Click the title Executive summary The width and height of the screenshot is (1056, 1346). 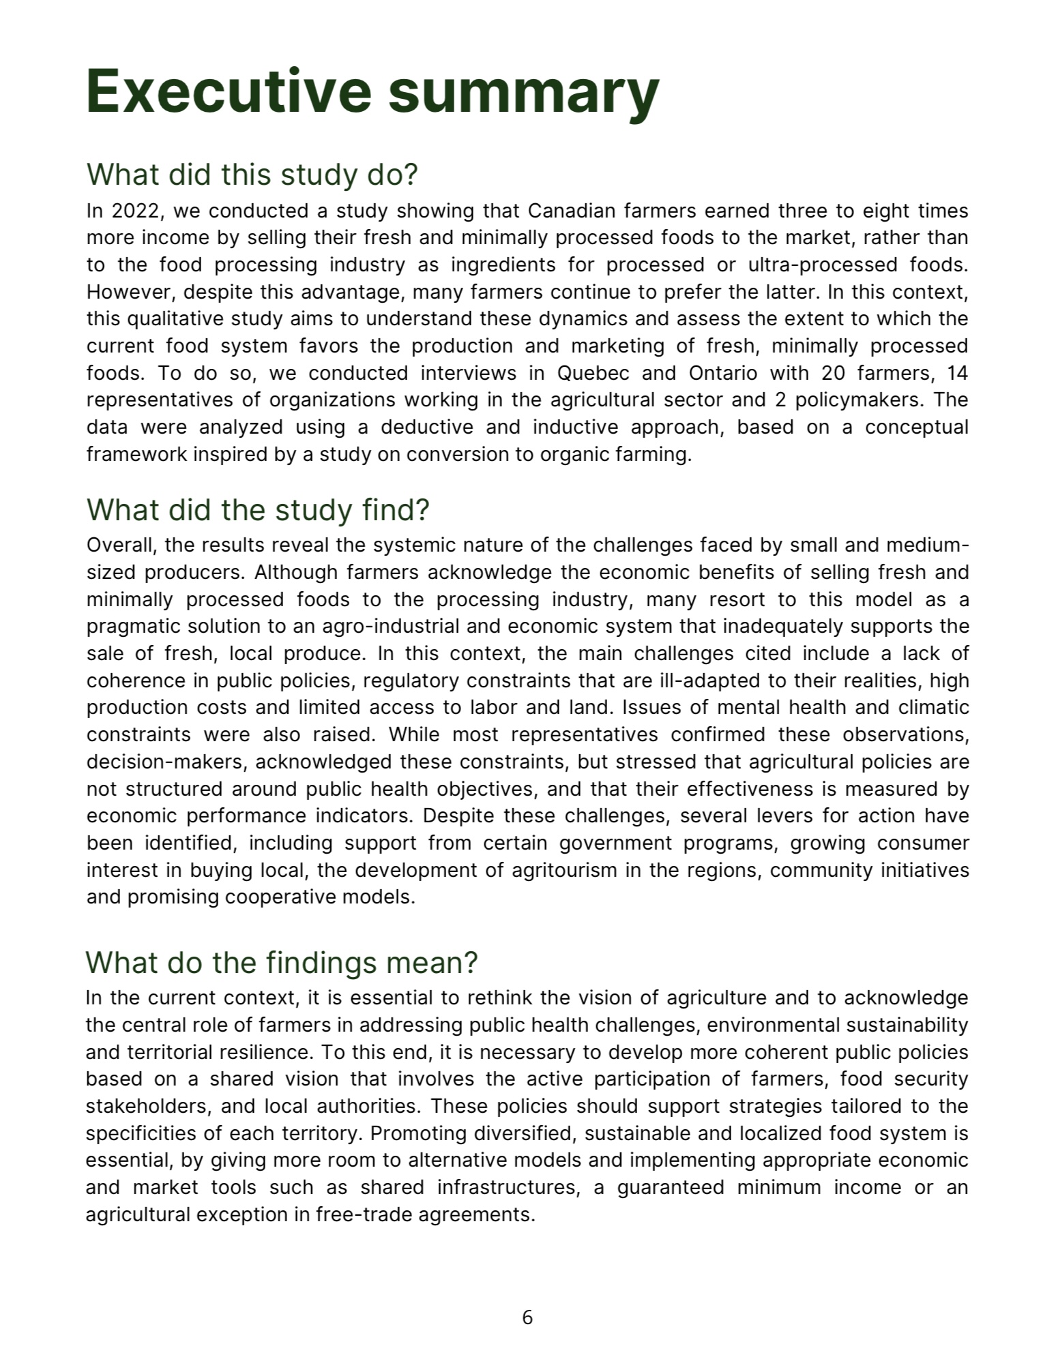coord(372,92)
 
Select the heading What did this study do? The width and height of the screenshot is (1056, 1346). coord(252,175)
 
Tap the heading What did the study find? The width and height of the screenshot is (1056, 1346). coord(258,510)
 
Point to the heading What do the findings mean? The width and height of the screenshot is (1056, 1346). coord(282,963)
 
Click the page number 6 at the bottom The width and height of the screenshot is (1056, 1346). coord(527,1317)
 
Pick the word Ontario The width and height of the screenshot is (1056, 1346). coord(723,374)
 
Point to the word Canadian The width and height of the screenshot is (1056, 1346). coord(571,211)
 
